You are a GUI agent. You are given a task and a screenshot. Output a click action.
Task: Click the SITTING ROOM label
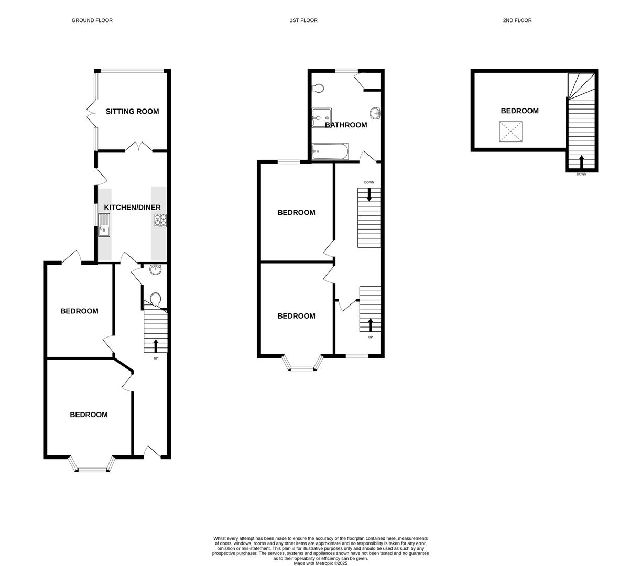point(132,111)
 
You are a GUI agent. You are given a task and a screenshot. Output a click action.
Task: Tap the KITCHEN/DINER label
point(132,208)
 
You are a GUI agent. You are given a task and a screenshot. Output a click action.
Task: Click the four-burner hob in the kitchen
point(160,221)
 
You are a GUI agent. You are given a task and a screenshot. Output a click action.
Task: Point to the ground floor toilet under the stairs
point(155,299)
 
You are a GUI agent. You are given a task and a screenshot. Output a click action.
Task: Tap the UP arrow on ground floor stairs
point(156,345)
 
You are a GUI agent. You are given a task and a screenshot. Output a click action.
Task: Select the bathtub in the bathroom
point(330,151)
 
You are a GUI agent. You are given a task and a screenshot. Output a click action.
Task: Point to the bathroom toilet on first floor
point(318,89)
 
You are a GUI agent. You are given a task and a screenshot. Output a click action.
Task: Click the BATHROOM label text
point(346,125)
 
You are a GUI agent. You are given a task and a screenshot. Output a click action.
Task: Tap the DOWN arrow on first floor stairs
point(370,194)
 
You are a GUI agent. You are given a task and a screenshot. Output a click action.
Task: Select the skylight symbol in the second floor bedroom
point(510,132)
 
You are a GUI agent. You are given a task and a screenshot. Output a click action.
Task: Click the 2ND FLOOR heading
point(517,20)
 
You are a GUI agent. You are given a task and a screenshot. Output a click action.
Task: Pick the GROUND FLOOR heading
point(92,20)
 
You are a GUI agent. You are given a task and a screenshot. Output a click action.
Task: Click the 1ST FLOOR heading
point(303,20)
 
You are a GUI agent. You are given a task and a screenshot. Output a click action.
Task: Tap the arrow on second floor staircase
point(581,161)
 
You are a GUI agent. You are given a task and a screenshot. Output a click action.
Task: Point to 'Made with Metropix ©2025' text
point(320,563)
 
